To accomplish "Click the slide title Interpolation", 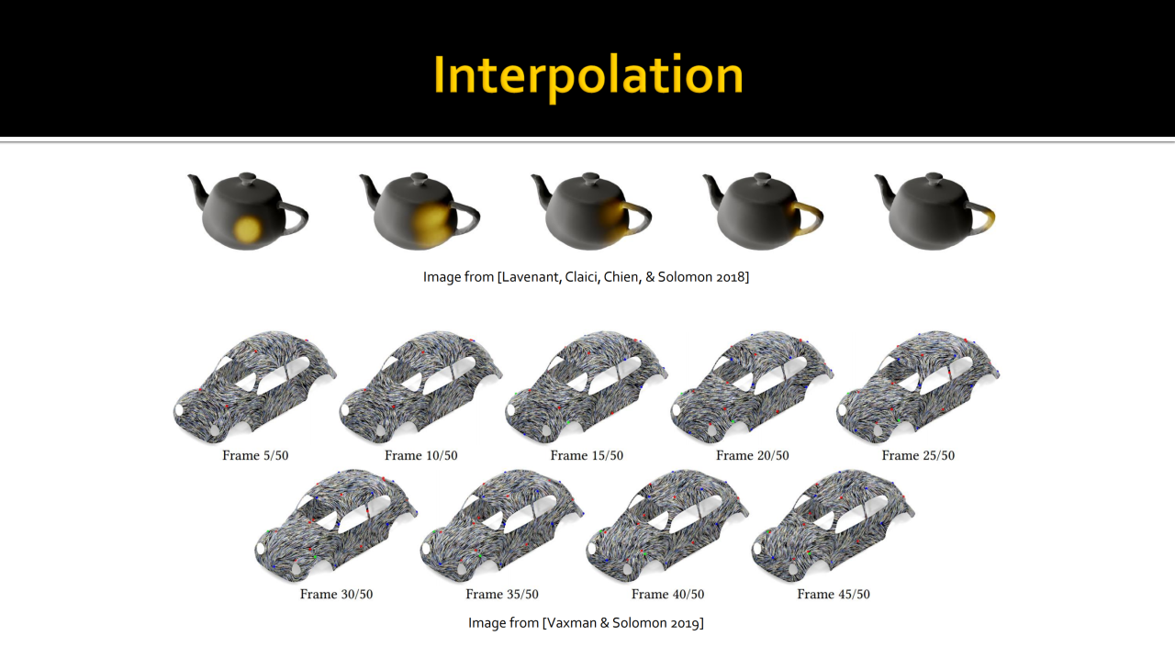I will click(x=587, y=75).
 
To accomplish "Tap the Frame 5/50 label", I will click(x=255, y=455).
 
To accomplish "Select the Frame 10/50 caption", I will click(x=420, y=455).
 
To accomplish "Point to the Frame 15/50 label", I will click(x=587, y=455).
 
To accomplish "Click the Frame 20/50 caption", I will click(x=752, y=455).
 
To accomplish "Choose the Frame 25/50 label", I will click(x=918, y=455).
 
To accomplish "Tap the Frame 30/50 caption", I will click(x=336, y=594).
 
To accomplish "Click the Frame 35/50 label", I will click(x=502, y=594).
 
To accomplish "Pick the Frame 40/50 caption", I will click(x=667, y=594).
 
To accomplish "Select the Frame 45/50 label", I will click(x=834, y=594).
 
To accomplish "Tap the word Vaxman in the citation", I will click(x=575, y=623).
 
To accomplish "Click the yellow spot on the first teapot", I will click(x=247, y=228).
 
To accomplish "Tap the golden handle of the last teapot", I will click(x=990, y=218).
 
